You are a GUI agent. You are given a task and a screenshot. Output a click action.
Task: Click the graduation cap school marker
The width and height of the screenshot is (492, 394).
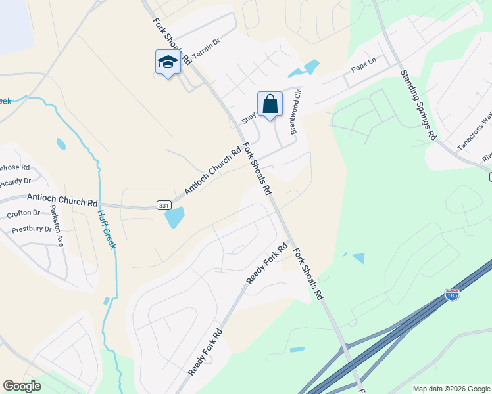point(167,62)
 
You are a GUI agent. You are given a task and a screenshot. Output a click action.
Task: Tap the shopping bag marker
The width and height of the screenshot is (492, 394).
point(270,103)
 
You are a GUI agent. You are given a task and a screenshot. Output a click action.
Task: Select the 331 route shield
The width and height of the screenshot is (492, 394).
point(164,206)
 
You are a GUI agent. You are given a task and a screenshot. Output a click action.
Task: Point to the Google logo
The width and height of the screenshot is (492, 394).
point(22,385)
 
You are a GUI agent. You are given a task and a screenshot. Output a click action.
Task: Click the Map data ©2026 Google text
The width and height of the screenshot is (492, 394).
point(451,389)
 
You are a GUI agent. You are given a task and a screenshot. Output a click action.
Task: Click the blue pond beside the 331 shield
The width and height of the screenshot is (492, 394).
point(175,217)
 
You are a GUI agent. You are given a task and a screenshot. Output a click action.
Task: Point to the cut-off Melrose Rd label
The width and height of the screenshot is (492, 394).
point(14,168)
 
